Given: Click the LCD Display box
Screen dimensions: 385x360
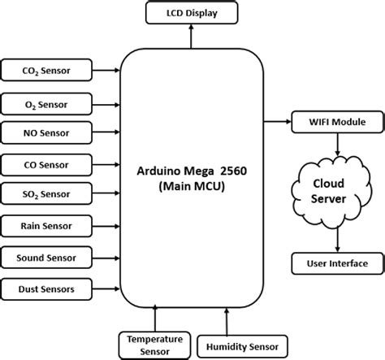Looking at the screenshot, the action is point(192,13).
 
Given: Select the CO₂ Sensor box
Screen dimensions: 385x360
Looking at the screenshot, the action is point(46,70).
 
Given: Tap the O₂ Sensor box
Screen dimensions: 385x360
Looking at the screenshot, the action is point(46,104).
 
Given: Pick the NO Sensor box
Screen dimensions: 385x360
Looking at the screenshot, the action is point(46,132).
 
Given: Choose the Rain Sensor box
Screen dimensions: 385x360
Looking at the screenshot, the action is point(46,226).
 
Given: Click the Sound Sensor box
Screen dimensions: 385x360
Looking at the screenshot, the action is point(46,258).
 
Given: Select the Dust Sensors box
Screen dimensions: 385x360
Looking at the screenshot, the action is point(46,289).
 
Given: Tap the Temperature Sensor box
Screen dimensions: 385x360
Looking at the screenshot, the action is point(154,345).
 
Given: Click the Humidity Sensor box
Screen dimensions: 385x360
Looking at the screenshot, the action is point(242,346).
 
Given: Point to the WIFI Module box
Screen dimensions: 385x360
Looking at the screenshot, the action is point(337,122).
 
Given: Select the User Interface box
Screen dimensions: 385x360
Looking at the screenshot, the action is point(337,263).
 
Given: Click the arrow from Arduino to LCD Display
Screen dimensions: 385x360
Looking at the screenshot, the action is point(191,37).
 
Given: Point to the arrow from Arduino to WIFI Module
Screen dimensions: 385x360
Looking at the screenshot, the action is point(277,122).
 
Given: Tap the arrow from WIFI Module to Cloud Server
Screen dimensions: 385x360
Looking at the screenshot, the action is point(337,145).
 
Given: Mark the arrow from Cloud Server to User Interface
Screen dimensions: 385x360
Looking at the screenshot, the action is point(337,240).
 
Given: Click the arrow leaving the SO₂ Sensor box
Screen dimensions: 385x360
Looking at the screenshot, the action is point(106,193).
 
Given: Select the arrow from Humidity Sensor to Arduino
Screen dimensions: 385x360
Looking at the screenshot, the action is point(227,322).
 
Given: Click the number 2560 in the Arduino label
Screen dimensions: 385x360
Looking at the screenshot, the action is point(233,171).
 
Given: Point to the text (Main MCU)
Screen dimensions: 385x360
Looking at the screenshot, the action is point(192,186).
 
